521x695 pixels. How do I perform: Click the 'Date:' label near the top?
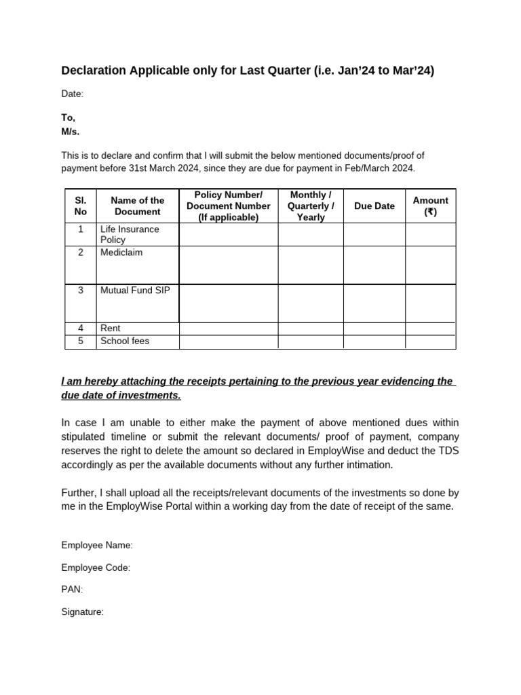coord(72,94)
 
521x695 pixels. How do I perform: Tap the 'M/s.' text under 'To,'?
coord(71,132)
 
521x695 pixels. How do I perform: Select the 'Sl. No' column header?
coord(81,206)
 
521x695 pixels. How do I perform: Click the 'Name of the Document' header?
coord(137,206)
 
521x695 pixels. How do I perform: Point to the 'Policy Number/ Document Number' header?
coord(228,206)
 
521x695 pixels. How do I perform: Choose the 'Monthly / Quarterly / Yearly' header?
coord(310,206)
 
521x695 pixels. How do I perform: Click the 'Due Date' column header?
coord(374,206)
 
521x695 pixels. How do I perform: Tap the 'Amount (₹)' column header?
coord(430,206)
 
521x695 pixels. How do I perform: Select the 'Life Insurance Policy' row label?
coord(130,234)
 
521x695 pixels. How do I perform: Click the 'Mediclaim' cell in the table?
coord(121,252)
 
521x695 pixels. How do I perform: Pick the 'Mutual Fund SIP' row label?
coord(135,290)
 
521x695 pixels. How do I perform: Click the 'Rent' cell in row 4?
coord(111,328)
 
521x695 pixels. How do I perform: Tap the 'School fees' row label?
coord(125,341)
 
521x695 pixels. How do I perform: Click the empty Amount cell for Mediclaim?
coord(430,265)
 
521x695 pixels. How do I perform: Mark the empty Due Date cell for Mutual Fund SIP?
coord(374,303)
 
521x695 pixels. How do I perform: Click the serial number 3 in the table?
coord(81,290)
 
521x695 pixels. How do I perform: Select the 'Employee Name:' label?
coord(97,545)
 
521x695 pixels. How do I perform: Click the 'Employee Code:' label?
coord(96,567)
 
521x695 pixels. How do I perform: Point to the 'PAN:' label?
coord(72,590)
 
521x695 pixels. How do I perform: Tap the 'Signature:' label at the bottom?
coord(82,612)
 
